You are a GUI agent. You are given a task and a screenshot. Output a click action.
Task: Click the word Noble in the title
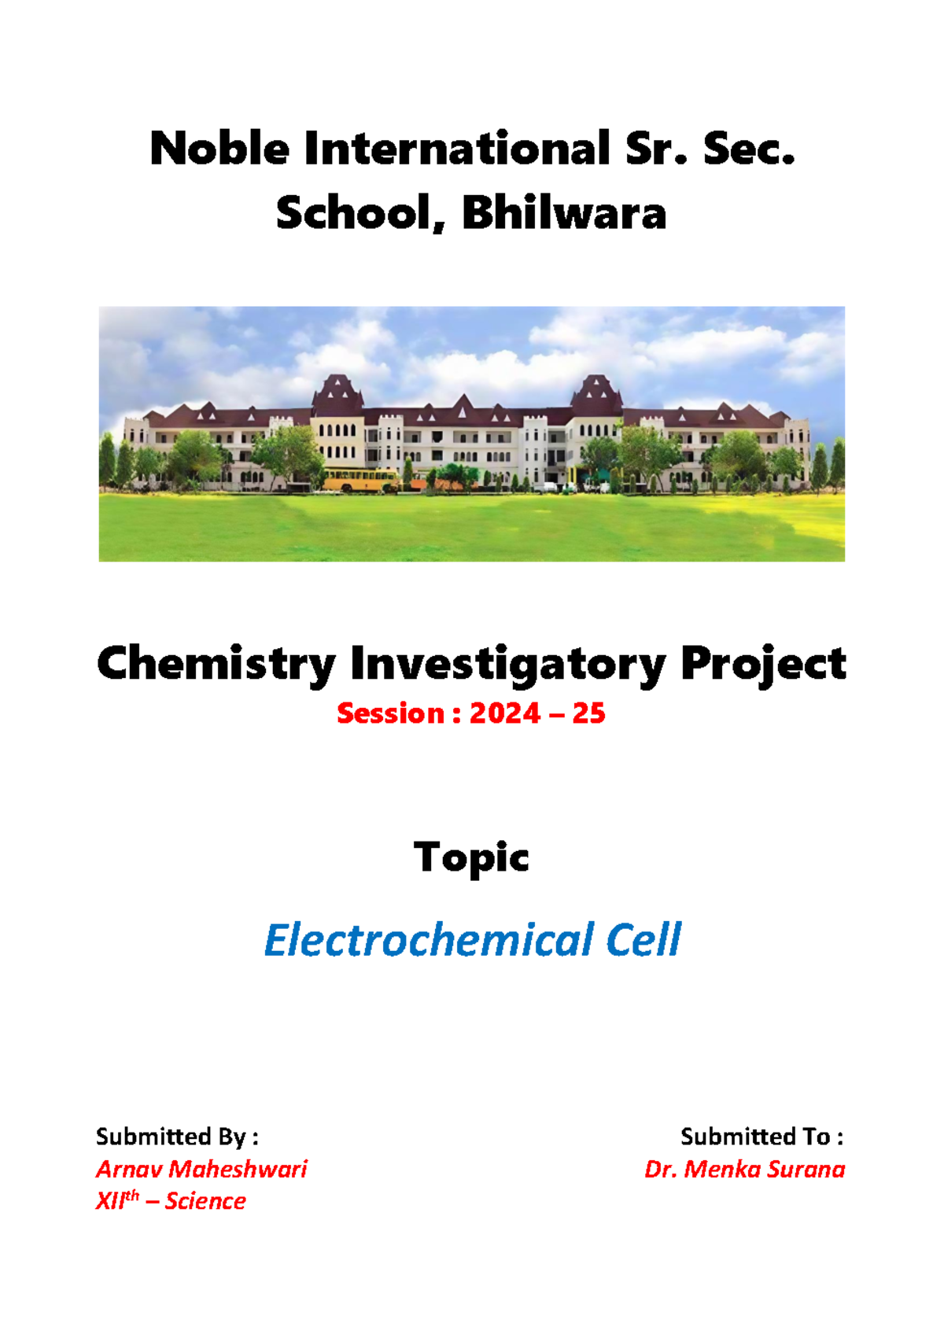point(219,149)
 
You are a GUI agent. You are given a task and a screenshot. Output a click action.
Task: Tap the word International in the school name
point(457,149)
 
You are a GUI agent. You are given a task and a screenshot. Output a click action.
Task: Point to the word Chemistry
point(216,665)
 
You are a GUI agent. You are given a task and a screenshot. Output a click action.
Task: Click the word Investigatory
point(507,665)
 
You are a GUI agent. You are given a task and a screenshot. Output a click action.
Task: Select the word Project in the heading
point(763,665)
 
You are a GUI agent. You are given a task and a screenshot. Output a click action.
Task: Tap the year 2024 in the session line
point(504,713)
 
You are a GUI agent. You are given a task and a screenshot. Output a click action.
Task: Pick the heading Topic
point(471,857)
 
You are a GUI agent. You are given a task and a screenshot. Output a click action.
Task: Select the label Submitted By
point(177,1137)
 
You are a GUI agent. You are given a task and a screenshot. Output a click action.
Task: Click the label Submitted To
point(761,1137)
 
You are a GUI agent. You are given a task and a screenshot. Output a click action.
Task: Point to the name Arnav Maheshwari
point(201,1169)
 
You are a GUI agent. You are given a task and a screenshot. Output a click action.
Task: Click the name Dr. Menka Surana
point(744,1169)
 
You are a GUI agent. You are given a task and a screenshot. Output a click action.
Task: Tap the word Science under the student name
point(205,1201)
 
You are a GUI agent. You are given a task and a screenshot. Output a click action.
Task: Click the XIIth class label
point(117,1200)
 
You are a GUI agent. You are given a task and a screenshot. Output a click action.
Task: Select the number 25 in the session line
point(588,713)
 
